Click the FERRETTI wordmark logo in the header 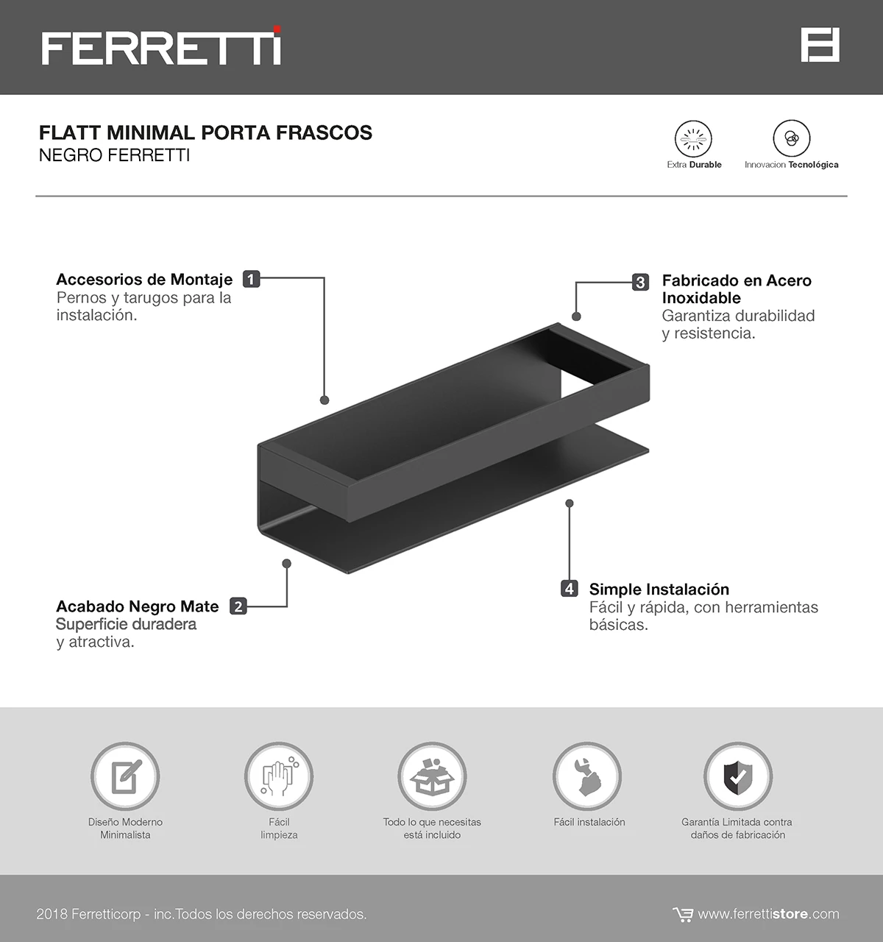(161, 46)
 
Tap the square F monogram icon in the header (820, 45)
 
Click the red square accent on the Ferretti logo (277, 29)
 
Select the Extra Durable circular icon (693, 138)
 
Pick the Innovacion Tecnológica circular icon (791, 138)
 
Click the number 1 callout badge (251, 279)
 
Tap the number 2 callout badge (238, 606)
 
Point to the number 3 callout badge (640, 282)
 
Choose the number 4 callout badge (570, 589)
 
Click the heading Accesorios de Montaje (144, 280)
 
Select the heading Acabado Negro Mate (137, 606)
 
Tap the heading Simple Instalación (659, 589)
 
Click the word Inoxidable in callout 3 (701, 298)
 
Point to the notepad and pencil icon (125, 776)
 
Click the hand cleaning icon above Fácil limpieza (279, 776)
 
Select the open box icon (432, 776)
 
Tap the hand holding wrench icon (587, 776)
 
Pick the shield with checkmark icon (738, 776)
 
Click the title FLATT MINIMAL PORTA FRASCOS (205, 132)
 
